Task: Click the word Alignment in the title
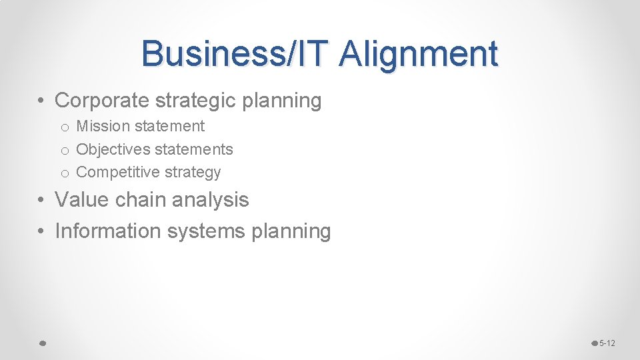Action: [x=418, y=54]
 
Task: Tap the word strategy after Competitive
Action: [x=193, y=173]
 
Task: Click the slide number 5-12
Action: [x=607, y=343]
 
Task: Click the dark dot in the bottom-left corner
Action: [x=41, y=343]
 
